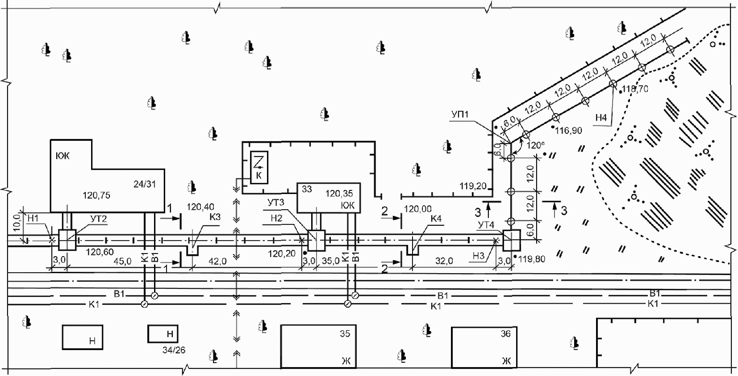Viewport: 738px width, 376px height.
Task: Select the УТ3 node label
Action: coord(275,203)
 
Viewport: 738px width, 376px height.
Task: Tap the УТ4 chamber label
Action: coord(487,226)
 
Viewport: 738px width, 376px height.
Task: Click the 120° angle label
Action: coord(535,145)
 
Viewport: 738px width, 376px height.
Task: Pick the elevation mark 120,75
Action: coord(96,195)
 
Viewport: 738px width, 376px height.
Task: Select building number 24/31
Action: coord(145,184)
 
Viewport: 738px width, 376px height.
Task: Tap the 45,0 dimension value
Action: coord(121,261)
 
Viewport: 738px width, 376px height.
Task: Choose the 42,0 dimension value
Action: coord(217,261)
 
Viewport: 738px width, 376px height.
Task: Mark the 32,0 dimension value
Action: coord(444,261)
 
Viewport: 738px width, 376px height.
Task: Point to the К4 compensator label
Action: coord(436,219)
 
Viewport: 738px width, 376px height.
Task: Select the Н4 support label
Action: coord(601,118)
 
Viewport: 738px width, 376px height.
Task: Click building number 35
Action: coord(345,334)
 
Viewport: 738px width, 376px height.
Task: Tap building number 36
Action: coord(505,334)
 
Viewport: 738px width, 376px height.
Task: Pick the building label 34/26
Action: coord(174,350)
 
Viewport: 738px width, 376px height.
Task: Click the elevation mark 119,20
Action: coord(473,186)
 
